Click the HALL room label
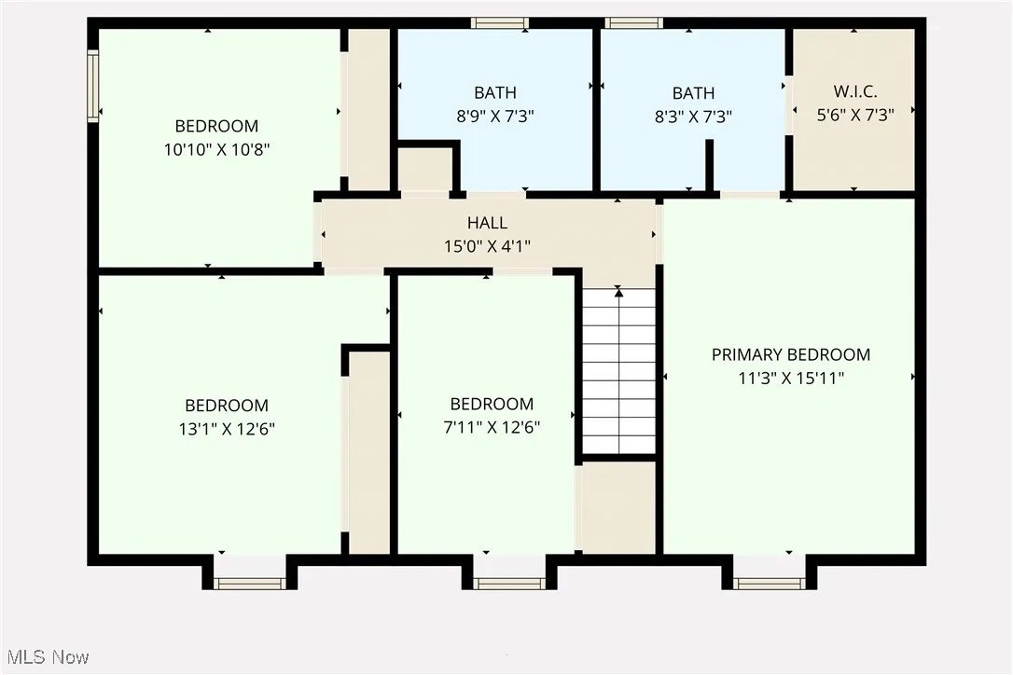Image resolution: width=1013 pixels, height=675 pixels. pos(487,223)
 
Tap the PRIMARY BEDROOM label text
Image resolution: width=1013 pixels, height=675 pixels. pos(790,354)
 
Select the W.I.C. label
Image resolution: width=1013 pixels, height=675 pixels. pos(854,92)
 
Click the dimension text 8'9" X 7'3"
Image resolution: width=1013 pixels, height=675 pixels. pos(494,117)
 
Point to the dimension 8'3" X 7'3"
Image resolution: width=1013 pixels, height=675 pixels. pos(693,117)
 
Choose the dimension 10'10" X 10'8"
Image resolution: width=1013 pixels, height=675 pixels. pos(216,149)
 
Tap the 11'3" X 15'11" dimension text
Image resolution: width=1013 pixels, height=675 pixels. pos(790,379)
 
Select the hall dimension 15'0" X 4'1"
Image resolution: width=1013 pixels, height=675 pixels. pos(487,246)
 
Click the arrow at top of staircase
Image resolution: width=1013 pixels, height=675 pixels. pos(618,292)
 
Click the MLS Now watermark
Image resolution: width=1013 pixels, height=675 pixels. pos(46,657)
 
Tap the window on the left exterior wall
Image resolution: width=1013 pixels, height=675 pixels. pos(92,86)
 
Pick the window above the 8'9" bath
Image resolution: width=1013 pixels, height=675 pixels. pos(499,22)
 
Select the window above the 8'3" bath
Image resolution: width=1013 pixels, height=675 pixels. pos(633,22)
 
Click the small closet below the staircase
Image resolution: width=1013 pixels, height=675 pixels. pos(618,507)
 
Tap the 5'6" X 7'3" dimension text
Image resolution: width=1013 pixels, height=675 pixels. pos(854,117)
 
